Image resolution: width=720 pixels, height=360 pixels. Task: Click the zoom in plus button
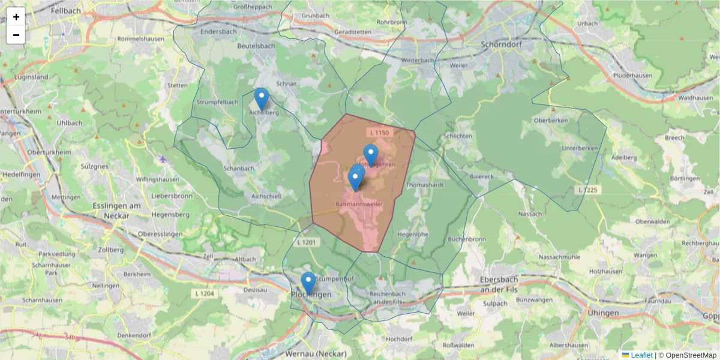16,17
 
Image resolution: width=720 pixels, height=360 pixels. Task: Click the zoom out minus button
16,35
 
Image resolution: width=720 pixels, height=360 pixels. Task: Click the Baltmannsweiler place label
360,204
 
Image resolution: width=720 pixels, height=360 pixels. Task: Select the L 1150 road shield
379,132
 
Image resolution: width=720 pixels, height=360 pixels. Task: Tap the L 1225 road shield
587,190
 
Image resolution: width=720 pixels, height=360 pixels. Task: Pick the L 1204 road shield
205,293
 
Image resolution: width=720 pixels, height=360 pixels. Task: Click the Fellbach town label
66,11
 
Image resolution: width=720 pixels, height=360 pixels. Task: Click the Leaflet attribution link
641,355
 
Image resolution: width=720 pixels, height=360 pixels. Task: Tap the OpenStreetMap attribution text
691,355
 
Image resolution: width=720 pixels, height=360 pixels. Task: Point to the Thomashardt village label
425,185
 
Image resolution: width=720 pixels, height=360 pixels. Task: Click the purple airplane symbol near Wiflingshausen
163,159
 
